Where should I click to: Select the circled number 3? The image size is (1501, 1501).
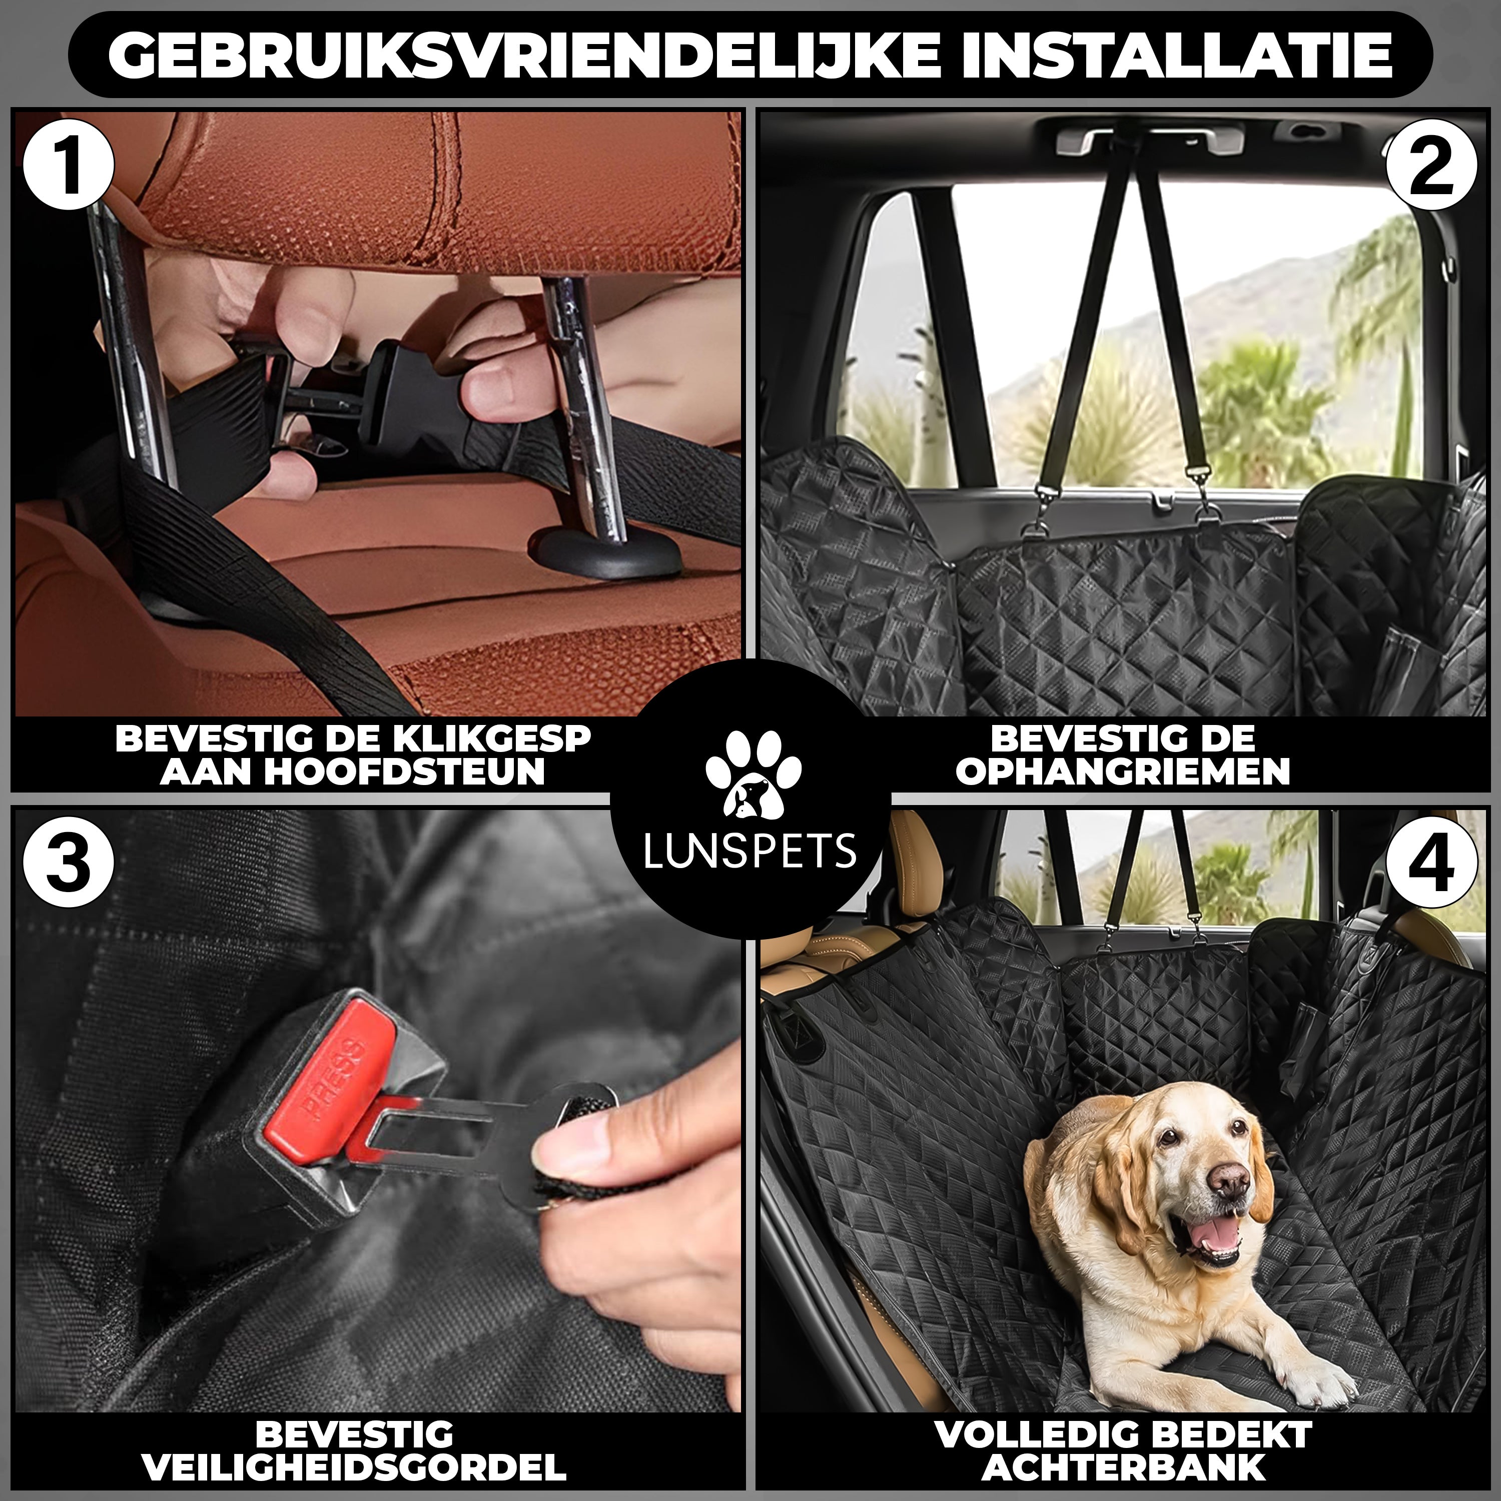(69, 865)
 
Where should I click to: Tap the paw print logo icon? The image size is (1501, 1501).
(752, 773)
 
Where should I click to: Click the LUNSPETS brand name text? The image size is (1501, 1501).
(750, 851)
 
